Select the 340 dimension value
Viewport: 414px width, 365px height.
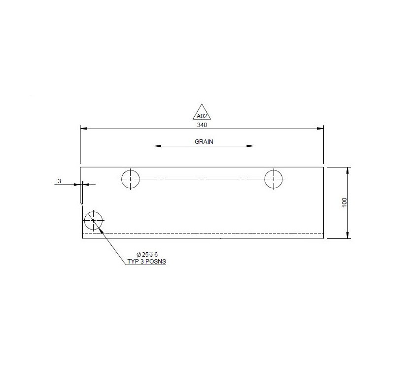click(202, 125)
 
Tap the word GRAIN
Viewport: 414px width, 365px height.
click(204, 141)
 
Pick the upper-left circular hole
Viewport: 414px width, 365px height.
click(130, 179)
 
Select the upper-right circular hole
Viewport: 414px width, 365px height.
click(274, 179)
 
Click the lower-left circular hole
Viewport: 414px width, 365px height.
click(93, 221)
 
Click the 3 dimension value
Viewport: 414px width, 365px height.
click(59, 181)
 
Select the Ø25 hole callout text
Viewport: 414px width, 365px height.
click(146, 254)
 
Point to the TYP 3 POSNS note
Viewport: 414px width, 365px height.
click(146, 262)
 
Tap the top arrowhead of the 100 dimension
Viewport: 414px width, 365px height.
click(348, 170)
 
